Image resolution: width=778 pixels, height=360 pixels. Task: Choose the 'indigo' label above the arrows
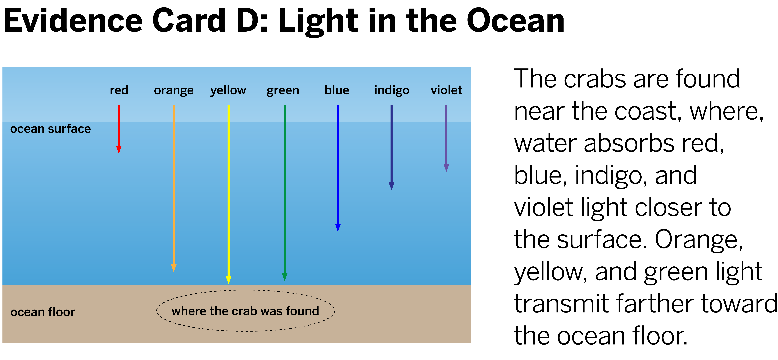(392, 90)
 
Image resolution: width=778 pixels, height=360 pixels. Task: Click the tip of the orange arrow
(174, 271)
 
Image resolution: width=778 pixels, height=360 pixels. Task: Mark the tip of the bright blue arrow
(338, 231)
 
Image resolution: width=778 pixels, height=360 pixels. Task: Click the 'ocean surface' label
(50, 129)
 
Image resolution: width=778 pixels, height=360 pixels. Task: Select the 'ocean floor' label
(43, 312)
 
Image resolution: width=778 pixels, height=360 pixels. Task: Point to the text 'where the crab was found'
(245, 311)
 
